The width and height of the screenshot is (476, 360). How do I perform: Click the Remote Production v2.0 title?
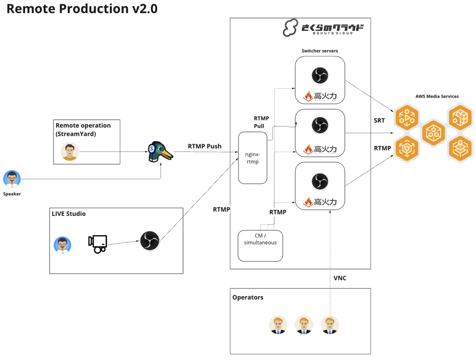(82, 9)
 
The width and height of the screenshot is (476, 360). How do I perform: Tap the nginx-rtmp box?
(253, 158)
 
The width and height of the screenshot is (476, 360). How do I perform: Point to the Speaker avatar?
(12, 179)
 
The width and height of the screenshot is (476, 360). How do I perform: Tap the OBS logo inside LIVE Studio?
(150, 240)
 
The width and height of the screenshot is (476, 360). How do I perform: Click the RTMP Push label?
(205, 146)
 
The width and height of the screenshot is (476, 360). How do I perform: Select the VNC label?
(340, 278)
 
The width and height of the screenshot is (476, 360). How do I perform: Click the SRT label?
(379, 121)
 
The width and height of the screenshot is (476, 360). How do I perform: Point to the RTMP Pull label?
(261, 122)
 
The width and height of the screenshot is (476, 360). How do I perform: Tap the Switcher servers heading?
(320, 51)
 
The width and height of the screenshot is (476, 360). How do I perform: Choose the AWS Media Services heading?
(437, 96)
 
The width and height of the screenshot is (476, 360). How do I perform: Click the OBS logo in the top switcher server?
(320, 75)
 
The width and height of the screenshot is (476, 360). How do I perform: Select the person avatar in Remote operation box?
(70, 151)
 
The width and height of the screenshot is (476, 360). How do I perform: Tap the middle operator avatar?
(304, 325)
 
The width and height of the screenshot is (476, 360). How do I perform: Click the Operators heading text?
(248, 297)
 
